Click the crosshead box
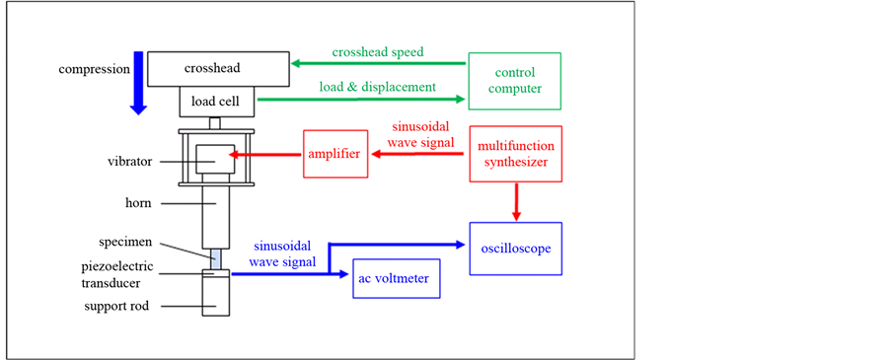click(218, 68)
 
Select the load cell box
click(218, 102)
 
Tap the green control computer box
click(515, 81)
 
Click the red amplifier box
click(334, 153)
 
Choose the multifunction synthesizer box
click(516, 154)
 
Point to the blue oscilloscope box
click(516, 249)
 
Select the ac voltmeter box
click(397, 278)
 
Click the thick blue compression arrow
click(138, 83)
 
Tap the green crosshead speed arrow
click(379, 63)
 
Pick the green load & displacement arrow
click(361, 100)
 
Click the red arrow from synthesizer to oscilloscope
click(516, 201)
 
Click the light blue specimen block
click(216, 259)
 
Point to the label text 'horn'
click(138, 203)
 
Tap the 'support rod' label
click(116, 307)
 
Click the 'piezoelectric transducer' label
click(117, 275)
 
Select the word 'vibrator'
click(129, 162)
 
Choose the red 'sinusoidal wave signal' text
click(422, 135)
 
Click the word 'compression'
click(95, 70)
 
